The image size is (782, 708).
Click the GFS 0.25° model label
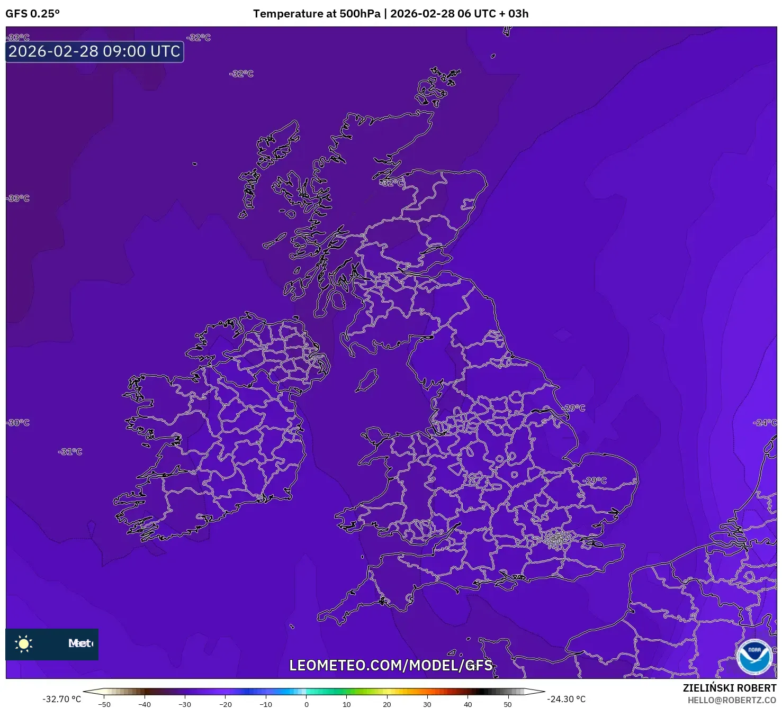[x=33, y=14]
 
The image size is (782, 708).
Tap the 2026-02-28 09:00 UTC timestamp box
[x=95, y=51]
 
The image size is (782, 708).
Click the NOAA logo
[x=754, y=657]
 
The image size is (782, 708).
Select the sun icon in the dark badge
[x=24, y=643]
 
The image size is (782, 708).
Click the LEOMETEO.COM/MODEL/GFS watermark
[x=391, y=665]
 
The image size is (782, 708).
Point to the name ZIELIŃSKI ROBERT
[x=730, y=688]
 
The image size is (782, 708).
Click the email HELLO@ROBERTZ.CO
[x=732, y=700]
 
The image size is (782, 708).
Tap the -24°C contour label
[x=765, y=423]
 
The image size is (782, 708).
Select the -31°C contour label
[x=70, y=452]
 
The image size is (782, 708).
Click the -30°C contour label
[x=19, y=423]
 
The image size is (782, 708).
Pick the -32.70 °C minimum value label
[x=62, y=699]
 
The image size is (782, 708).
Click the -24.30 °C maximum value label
[x=567, y=699]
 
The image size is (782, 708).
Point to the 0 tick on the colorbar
[x=306, y=704]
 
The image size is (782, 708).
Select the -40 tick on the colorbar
[x=145, y=704]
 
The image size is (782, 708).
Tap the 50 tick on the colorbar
[x=508, y=704]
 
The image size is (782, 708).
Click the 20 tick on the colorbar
[x=387, y=704]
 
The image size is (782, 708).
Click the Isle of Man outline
[x=366, y=381]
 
